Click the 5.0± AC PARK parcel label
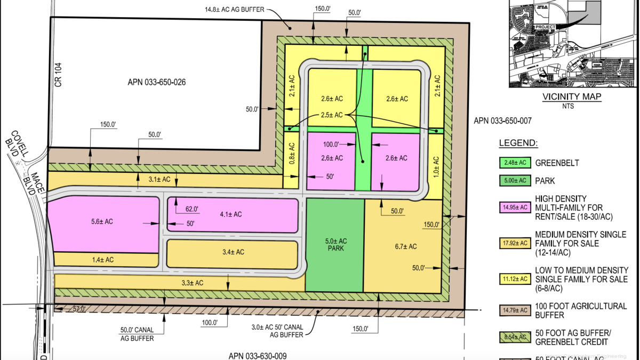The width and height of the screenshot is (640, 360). click(335, 245)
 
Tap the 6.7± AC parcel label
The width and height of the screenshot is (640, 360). click(406, 246)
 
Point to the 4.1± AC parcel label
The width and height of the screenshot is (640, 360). click(230, 214)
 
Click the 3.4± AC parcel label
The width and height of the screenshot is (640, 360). click(233, 252)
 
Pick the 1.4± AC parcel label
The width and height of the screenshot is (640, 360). click(103, 260)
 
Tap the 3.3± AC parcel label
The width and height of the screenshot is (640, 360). click(192, 283)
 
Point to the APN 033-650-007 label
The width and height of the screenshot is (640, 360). click(502, 121)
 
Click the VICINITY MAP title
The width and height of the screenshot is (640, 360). click(571, 97)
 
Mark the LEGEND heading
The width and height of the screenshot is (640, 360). click(518, 143)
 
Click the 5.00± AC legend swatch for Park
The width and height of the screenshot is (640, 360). click(515, 181)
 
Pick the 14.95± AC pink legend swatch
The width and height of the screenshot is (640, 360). click(515, 207)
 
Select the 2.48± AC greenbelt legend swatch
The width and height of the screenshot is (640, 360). click(515, 163)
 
